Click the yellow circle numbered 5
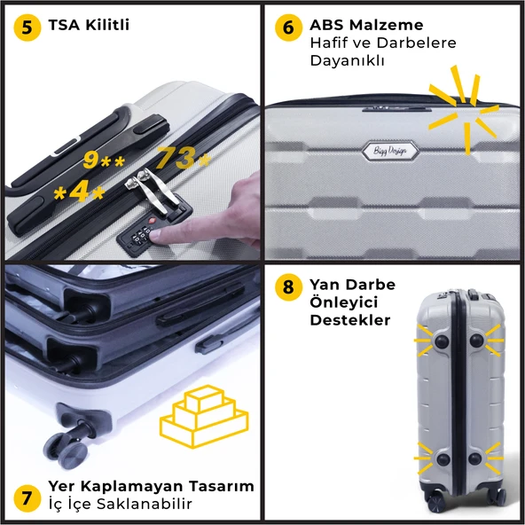(27, 27)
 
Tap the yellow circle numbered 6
(288, 27)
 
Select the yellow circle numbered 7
(27, 498)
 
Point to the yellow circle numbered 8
(288, 287)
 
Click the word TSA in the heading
(64, 25)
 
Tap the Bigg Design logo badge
(390, 151)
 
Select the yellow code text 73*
(184, 157)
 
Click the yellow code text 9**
(104, 160)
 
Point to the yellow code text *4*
(80, 192)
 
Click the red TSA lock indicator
(153, 221)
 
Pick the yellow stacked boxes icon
(204, 416)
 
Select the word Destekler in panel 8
(350, 320)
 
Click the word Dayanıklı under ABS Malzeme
(348, 61)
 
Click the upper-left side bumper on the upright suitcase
(442, 341)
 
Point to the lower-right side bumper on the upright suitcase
(475, 458)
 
